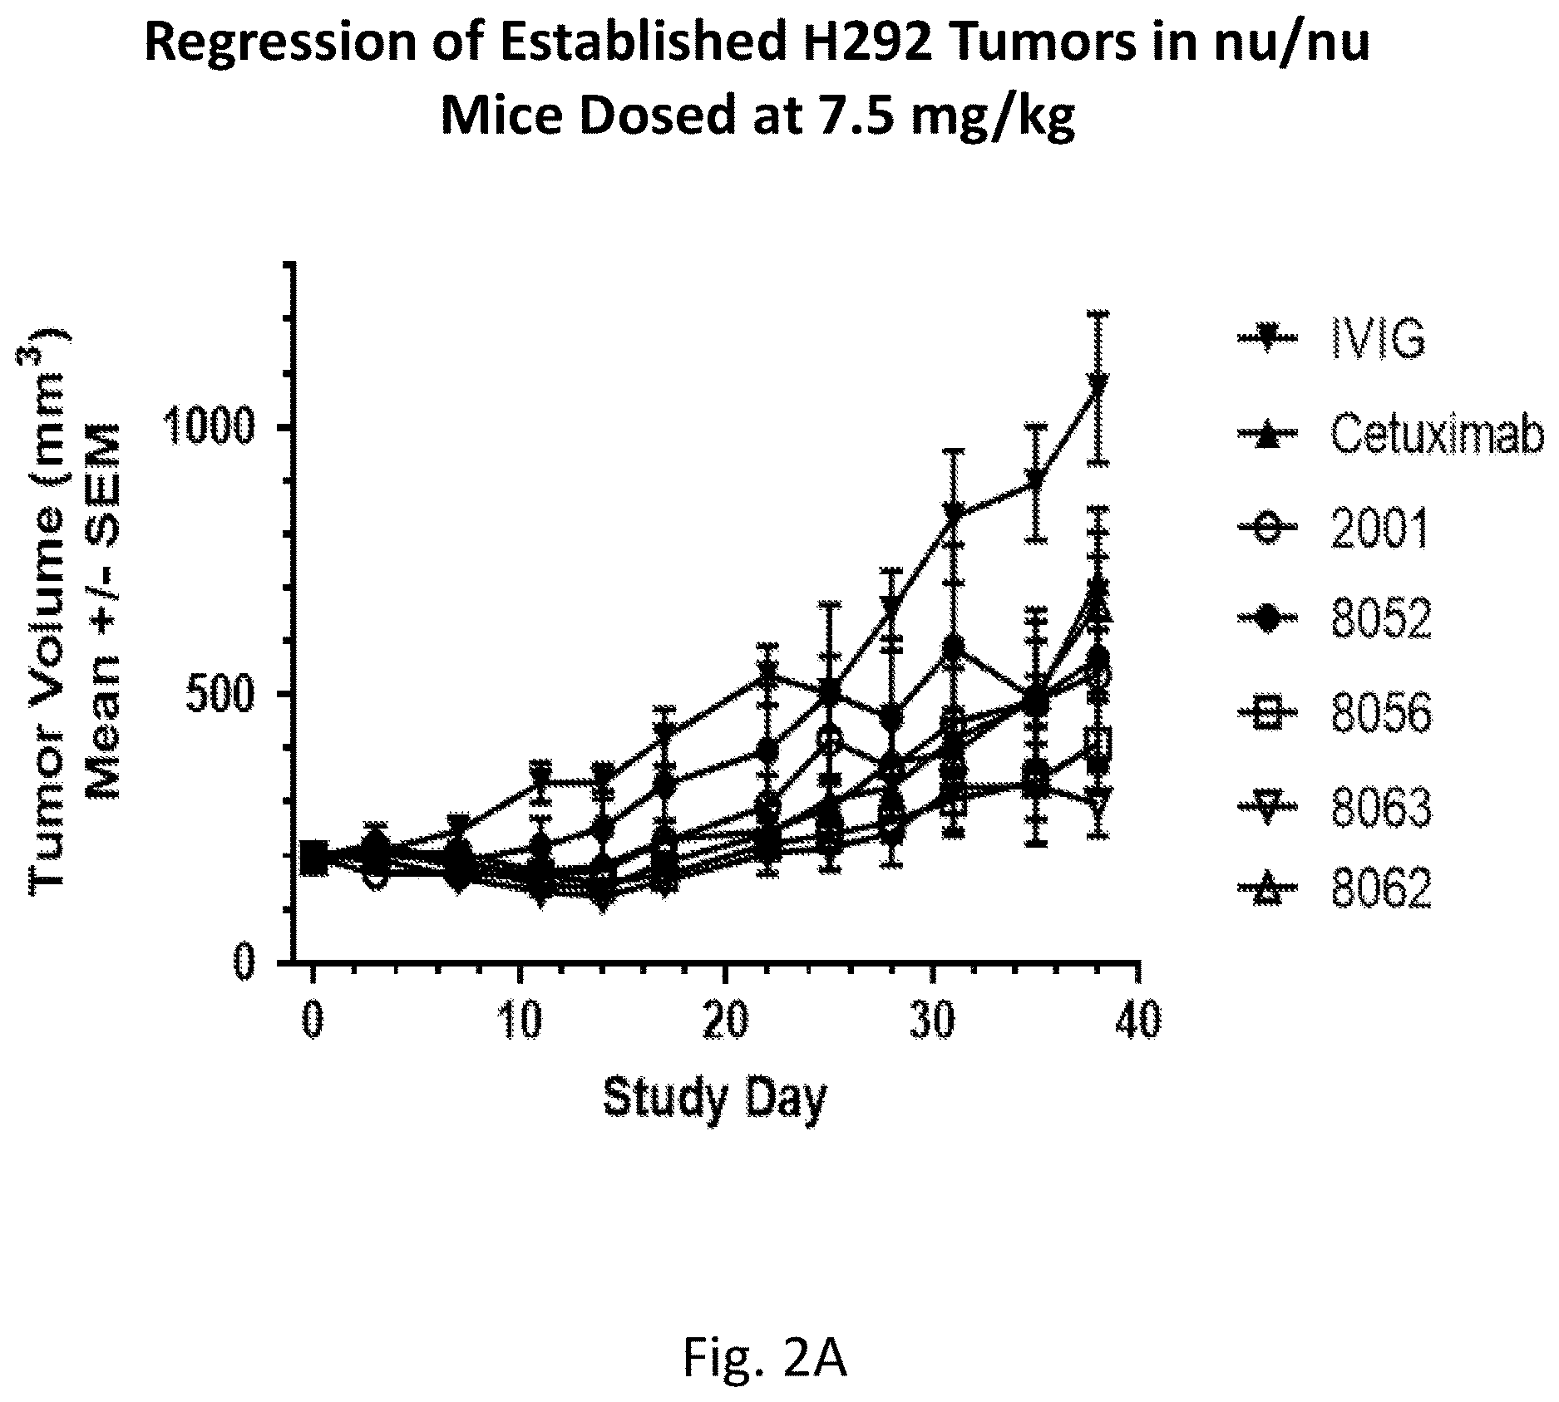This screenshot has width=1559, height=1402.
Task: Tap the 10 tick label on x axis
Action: click(520, 1020)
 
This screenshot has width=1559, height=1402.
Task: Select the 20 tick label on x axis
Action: click(726, 1020)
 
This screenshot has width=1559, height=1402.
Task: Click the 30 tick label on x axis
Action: click(933, 1020)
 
